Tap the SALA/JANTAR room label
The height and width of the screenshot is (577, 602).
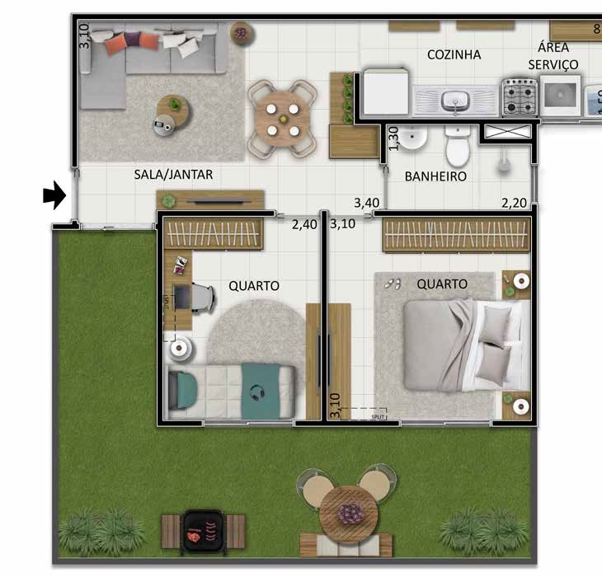(x=173, y=174)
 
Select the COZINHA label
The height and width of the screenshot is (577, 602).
(x=454, y=54)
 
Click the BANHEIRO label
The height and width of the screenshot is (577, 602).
(x=435, y=176)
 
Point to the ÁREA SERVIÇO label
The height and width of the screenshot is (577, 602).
(x=553, y=55)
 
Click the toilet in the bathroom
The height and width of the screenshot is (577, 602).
(x=455, y=148)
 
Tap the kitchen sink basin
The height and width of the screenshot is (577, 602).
(x=454, y=101)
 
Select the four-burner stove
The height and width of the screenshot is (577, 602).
(x=520, y=96)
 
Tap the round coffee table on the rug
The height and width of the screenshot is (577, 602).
(x=174, y=106)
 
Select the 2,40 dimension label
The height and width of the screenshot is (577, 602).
(x=304, y=223)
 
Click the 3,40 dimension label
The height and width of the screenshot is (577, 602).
(x=367, y=202)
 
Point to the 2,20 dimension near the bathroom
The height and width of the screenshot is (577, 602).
(x=514, y=202)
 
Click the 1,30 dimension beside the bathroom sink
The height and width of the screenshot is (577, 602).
(x=393, y=138)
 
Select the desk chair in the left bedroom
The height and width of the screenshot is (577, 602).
(x=201, y=296)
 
